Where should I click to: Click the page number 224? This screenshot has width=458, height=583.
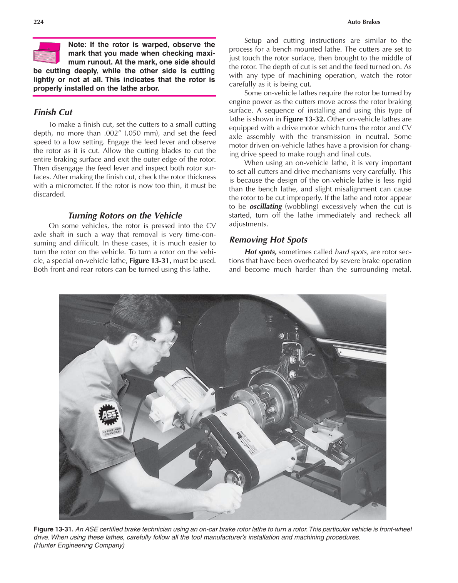point(38,22)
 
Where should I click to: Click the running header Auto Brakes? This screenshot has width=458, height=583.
point(363,22)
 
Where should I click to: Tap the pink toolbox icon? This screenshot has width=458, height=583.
point(47,53)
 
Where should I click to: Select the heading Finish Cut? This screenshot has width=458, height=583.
point(53,112)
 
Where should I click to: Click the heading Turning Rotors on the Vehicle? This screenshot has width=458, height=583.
point(125,215)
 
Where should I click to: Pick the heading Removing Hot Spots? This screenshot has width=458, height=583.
point(268,240)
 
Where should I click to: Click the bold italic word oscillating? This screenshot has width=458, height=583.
point(265,207)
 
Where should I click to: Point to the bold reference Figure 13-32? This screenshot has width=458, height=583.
point(304,119)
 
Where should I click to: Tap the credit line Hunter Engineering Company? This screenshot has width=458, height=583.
point(79,545)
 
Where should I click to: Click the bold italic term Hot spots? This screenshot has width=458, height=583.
point(260,252)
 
